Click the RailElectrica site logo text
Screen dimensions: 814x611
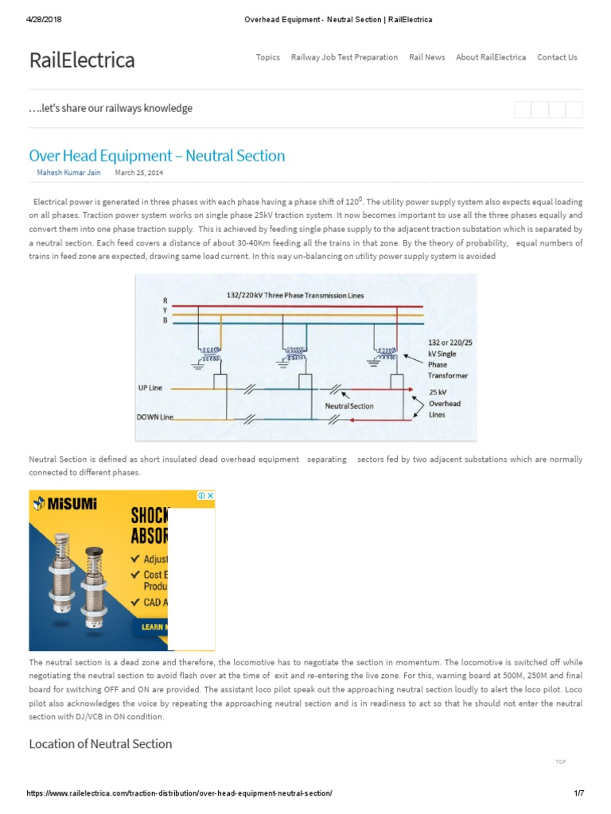[x=82, y=60]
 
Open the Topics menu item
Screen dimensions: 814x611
[x=268, y=57]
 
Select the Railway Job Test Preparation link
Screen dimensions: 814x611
[x=344, y=57]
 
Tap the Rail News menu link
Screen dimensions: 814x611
[x=427, y=57]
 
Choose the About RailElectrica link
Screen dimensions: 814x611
[x=491, y=57]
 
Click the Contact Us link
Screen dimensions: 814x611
[x=557, y=57]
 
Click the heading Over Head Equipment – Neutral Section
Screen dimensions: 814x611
[x=157, y=156]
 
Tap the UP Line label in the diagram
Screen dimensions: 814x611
[x=150, y=388]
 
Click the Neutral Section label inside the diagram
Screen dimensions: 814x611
[x=349, y=405]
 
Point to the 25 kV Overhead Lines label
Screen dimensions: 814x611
[x=445, y=403]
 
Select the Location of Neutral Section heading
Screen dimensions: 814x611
[x=100, y=744]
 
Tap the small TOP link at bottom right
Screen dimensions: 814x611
[x=561, y=762]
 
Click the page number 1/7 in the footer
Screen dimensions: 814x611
[x=579, y=794]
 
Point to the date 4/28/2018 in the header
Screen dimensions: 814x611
[x=45, y=20]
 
